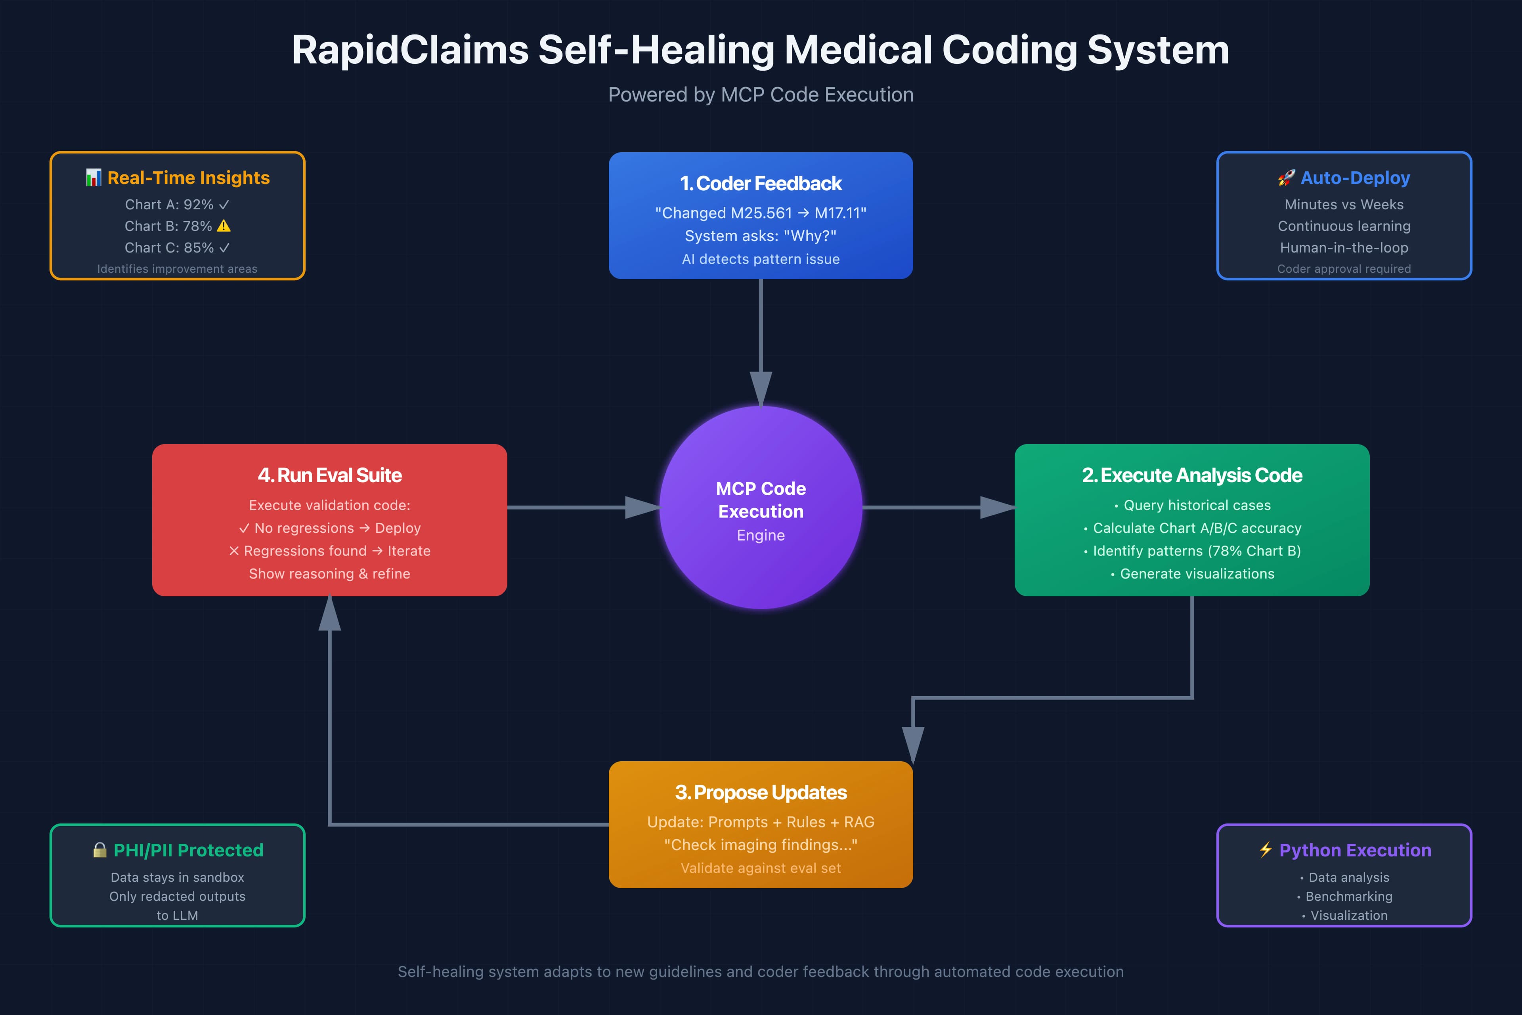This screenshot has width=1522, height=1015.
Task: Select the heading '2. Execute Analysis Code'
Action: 1191,476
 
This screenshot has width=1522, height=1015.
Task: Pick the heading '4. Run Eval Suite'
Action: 329,476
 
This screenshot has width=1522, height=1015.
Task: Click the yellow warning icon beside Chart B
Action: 224,226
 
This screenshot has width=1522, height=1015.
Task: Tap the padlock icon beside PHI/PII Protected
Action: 99,850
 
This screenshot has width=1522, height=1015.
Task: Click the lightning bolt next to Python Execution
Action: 1266,850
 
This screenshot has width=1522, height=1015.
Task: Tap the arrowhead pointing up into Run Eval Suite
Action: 329,614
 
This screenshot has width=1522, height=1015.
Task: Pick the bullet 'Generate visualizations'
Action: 1197,574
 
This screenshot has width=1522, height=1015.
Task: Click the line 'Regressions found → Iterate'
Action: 329,551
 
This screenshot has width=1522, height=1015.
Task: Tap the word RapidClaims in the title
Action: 410,50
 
